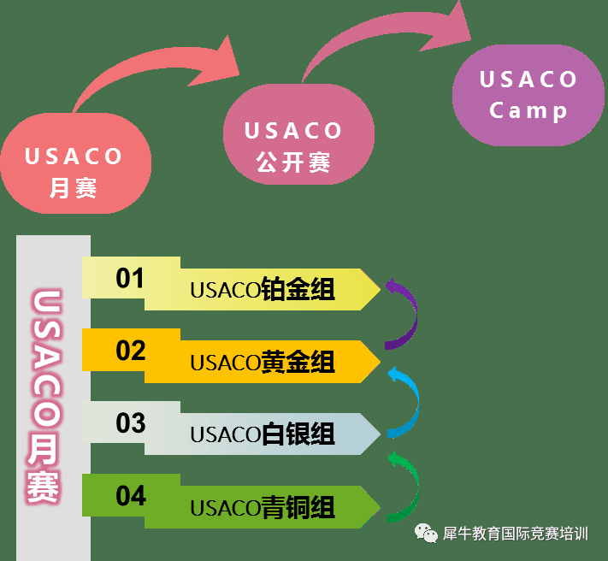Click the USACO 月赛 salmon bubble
[76, 163]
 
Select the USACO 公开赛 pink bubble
[298, 134]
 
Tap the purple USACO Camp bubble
[528, 96]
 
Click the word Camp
[528, 111]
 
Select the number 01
[130, 278]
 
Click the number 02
[130, 351]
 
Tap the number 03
[131, 423]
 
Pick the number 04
[131, 495]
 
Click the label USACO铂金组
[263, 289]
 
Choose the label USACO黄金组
[263, 362]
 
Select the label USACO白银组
[263, 434]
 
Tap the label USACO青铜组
[263, 507]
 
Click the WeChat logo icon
[426, 533]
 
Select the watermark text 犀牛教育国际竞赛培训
[516, 534]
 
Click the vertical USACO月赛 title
[44, 396]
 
